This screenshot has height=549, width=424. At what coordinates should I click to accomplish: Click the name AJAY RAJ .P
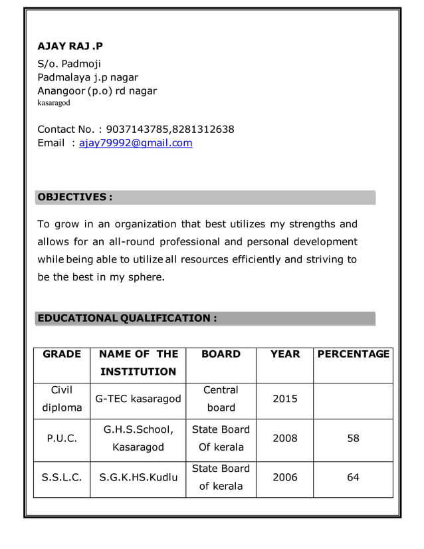tap(70, 46)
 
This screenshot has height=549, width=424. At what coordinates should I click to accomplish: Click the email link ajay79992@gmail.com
tap(136, 143)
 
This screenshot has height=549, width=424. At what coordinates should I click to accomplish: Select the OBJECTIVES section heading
tap(74, 197)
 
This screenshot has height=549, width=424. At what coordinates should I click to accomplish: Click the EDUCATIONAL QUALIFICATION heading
tap(127, 318)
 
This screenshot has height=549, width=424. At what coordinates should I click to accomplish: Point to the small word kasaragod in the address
tap(53, 103)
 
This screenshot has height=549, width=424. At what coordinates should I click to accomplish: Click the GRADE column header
tap(62, 354)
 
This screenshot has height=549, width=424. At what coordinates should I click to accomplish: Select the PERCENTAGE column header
tap(354, 354)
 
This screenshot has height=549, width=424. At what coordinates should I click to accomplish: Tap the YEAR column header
tap(285, 354)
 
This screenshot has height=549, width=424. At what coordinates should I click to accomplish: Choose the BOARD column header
tap(221, 354)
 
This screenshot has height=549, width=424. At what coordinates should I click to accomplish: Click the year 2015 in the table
tap(285, 399)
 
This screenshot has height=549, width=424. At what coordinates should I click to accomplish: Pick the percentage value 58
tap(354, 439)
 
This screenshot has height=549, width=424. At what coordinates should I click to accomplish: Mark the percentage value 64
tap(354, 477)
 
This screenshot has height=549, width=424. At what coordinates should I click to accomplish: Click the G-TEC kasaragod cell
tap(138, 399)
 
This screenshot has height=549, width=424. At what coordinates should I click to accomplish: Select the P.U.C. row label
tap(62, 439)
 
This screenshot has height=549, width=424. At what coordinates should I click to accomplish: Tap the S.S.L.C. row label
tap(62, 477)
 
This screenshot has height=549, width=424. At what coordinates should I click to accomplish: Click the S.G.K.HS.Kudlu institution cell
tap(138, 477)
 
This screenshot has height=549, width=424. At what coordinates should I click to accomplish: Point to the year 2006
tap(285, 477)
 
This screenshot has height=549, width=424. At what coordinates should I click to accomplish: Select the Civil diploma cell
tap(62, 399)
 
